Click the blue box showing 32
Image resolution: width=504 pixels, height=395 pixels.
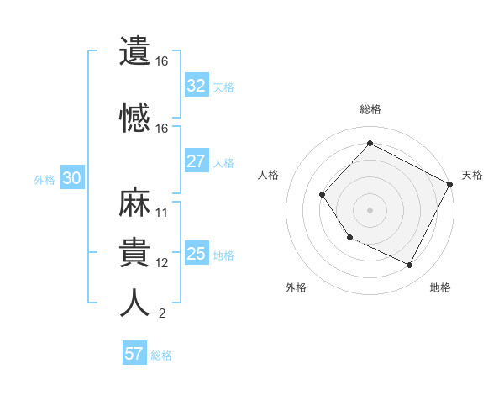(x=197, y=86)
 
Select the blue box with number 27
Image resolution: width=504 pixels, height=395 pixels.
(x=197, y=161)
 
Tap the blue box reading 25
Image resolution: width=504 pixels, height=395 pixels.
(x=197, y=254)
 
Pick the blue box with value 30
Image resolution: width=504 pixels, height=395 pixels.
(x=71, y=178)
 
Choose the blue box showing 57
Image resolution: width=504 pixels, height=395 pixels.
(x=134, y=354)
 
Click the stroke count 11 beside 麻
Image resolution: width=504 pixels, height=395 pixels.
(x=162, y=213)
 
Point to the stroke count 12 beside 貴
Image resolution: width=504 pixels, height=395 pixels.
(x=162, y=263)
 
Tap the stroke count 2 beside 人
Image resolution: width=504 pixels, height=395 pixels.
(x=161, y=314)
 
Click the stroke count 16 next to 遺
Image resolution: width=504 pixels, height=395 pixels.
(x=162, y=61)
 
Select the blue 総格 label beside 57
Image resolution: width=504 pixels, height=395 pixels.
(x=161, y=355)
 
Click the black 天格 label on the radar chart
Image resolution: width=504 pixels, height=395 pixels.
(x=472, y=175)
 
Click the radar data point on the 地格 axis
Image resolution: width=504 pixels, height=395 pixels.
(x=410, y=266)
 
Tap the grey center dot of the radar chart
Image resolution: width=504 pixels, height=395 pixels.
(x=370, y=209)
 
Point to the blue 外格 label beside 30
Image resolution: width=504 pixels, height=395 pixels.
(x=45, y=179)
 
